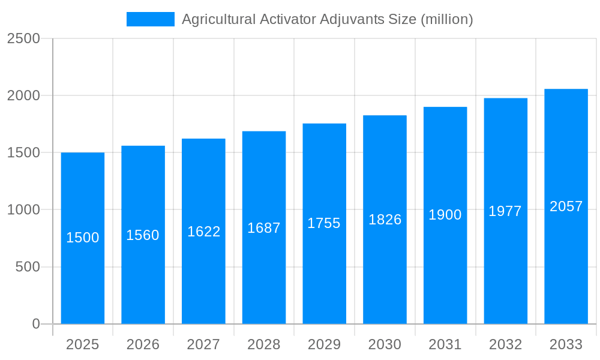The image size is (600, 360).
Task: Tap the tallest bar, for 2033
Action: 566,264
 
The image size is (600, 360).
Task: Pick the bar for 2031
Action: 445,270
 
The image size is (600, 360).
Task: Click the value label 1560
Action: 143,235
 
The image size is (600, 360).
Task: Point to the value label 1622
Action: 204,232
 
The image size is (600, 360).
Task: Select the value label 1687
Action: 264,228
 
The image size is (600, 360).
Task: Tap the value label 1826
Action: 385,220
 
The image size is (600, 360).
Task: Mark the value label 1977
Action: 505,211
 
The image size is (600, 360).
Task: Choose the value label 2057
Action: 566,206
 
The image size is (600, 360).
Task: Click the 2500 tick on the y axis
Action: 23,39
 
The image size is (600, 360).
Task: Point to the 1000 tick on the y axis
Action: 23,210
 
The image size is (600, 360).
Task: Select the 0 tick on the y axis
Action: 35,324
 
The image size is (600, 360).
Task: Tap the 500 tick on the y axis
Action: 28,267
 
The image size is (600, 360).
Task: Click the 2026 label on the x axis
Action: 143,344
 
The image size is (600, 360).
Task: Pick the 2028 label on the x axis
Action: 264,344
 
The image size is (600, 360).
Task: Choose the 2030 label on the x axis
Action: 385,344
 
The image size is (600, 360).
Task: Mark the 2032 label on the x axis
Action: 505,344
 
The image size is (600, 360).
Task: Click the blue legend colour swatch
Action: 150,19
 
